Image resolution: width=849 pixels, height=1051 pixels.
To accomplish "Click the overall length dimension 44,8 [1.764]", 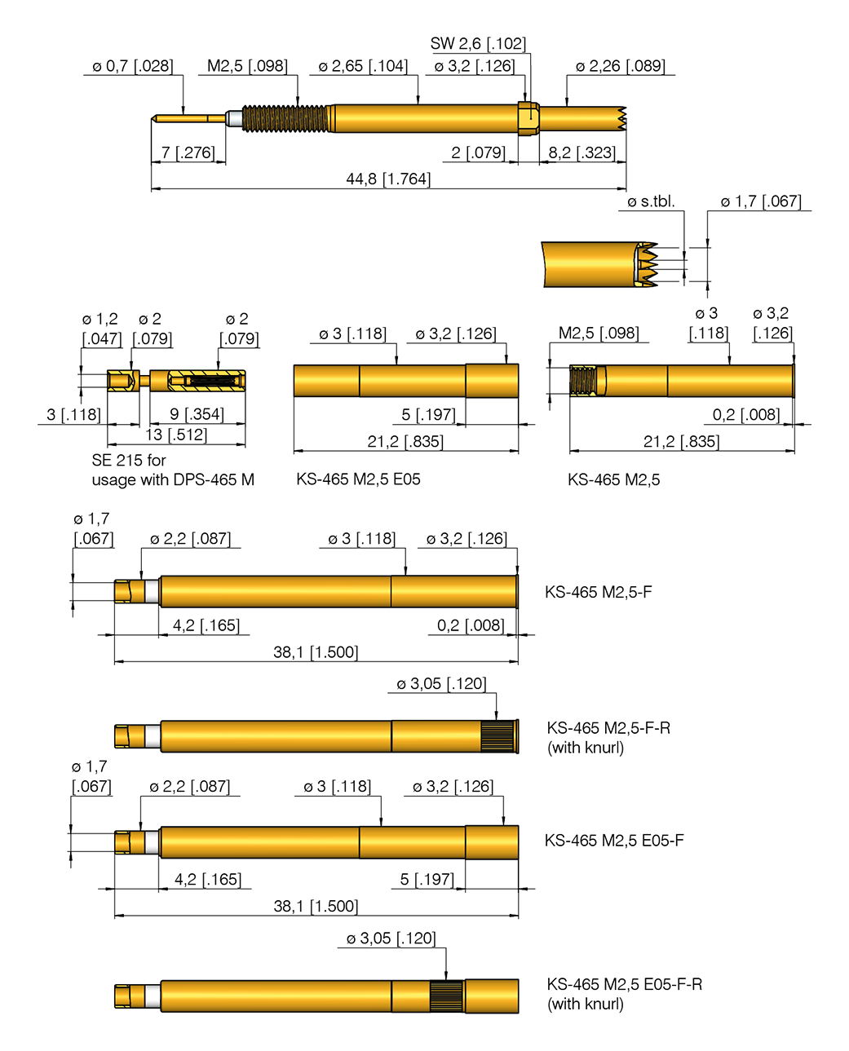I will [x=388, y=179].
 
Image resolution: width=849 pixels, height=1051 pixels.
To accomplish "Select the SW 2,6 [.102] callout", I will [x=478, y=44].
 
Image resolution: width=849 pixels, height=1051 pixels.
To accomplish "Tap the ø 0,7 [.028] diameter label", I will [x=132, y=66].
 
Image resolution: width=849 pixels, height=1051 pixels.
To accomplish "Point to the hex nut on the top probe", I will [x=528, y=117].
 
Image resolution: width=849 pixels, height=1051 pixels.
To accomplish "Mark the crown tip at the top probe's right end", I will [x=621, y=118].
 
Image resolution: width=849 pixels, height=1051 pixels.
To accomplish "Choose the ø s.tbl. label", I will [x=651, y=201].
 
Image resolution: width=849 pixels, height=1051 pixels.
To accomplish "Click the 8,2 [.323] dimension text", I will [x=581, y=152].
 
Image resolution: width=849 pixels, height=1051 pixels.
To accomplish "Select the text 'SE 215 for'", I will [x=129, y=460].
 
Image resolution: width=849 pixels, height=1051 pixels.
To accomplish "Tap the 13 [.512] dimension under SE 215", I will [x=176, y=435].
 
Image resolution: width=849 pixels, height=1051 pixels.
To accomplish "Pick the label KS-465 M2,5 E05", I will [x=358, y=479].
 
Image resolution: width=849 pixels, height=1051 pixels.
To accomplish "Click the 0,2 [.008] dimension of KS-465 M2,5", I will [x=745, y=414].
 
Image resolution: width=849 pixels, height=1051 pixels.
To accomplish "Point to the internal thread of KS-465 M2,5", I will [x=582, y=380].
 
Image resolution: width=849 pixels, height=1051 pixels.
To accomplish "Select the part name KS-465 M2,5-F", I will [x=598, y=592].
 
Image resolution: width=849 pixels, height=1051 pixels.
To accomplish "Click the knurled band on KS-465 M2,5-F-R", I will [x=497, y=736].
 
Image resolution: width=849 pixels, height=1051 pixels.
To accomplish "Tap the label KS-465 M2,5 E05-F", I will [x=613, y=841].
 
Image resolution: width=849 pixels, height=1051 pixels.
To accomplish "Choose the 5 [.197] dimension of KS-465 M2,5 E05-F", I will [x=427, y=879].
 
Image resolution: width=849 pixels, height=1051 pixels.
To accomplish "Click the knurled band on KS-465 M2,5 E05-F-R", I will [x=446, y=996].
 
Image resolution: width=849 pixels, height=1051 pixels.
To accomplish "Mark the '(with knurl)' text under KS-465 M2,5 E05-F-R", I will [x=586, y=1004].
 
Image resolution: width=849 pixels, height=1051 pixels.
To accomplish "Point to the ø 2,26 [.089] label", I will [x=620, y=66].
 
